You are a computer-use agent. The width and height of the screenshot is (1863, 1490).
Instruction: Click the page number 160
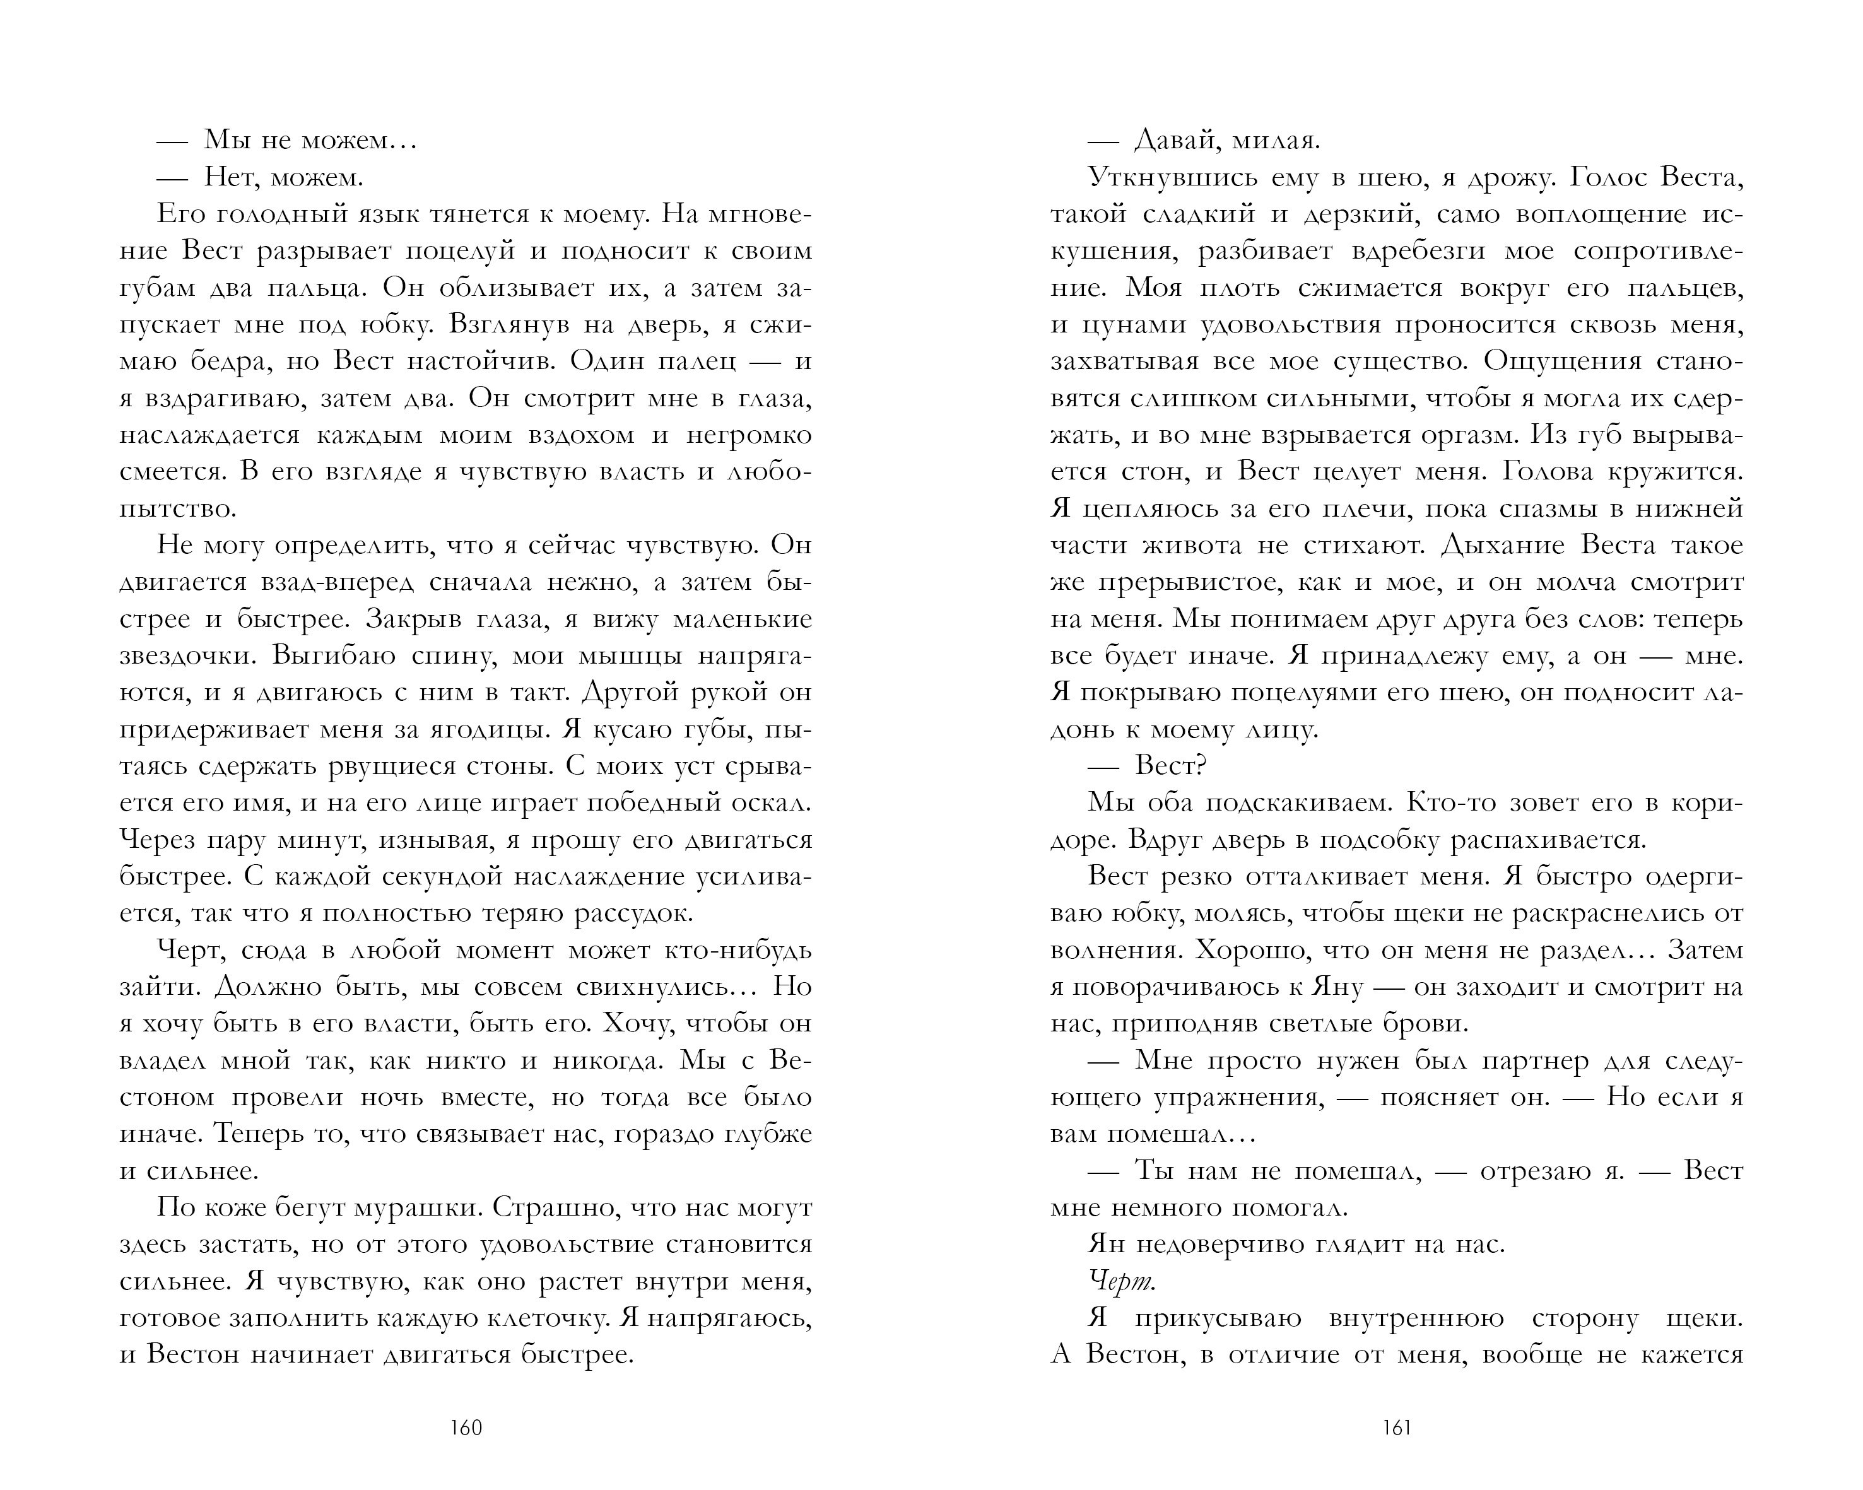[466, 1428]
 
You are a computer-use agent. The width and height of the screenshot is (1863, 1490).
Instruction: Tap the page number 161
[1397, 1428]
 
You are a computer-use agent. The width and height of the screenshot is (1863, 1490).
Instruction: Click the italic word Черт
[1122, 1282]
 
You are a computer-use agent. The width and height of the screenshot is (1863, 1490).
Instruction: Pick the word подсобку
[1375, 840]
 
